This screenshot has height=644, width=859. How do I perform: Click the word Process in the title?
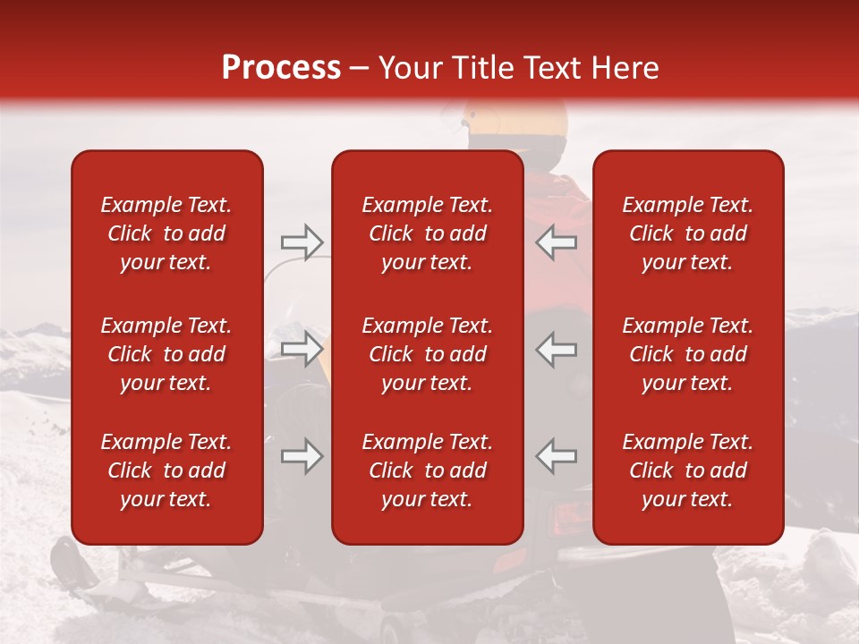click(281, 68)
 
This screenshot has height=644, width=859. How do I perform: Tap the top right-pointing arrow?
click(302, 241)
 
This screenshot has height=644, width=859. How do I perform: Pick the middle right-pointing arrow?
click(302, 349)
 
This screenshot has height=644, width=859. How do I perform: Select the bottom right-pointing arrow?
click(302, 456)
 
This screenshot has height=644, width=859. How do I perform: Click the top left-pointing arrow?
click(556, 241)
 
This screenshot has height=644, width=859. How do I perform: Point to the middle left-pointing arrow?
click(556, 349)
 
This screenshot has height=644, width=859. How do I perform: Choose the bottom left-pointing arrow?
click(556, 456)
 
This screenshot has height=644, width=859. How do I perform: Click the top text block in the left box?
click(166, 233)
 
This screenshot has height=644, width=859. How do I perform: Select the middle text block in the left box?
click(166, 354)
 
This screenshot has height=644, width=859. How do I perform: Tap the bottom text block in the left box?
click(166, 470)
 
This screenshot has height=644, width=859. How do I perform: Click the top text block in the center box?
click(428, 233)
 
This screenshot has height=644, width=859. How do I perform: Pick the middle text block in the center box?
click(428, 354)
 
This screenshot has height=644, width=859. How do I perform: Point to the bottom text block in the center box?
click(428, 470)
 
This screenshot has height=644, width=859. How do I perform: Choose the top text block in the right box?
click(688, 233)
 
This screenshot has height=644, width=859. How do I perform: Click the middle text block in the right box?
click(688, 354)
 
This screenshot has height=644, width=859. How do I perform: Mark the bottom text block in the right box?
click(688, 470)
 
